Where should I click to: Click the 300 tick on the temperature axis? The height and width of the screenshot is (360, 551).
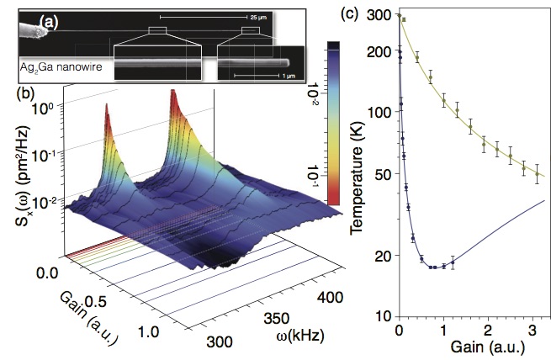click(x=382, y=17)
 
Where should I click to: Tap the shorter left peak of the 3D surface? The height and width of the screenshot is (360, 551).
click(x=107, y=106)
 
